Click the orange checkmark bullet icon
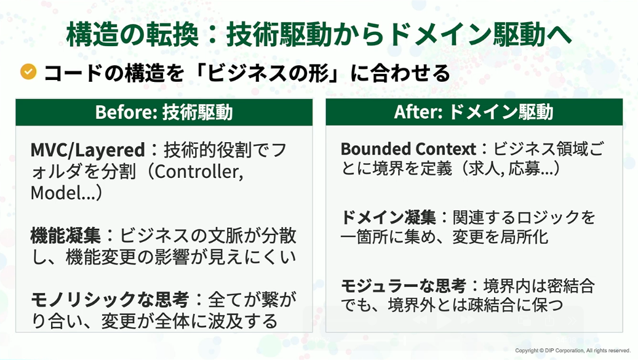[28, 71]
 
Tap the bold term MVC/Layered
[87, 150]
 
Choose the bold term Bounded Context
[408, 149]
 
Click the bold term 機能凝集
[65, 236]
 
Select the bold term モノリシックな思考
[110, 300]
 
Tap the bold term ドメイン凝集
[389, 217]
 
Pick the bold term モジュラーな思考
[403, 286]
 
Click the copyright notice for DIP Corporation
[573, 351]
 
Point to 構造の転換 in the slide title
[132, 34]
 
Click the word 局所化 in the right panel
[524, 237]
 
